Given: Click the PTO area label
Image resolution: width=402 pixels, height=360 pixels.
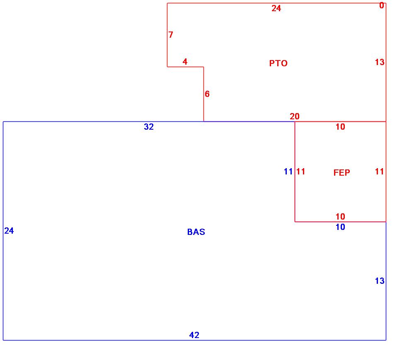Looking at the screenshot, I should [x=278, y=63].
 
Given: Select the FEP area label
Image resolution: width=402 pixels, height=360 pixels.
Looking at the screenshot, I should [x=341, y=173].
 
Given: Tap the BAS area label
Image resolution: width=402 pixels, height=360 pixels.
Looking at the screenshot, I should [x=196, y=232].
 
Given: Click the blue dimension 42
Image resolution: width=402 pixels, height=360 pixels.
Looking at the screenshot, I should [x=194, y=335].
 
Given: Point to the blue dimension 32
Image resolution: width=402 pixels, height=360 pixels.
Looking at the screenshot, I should [x=149, y=127].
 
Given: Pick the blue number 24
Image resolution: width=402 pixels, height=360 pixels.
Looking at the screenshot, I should [x=9, y=231].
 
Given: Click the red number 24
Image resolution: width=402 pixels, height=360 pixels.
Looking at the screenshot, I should [x=276, y=8].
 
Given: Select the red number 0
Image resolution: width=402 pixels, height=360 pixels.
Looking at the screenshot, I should [x=382, y=6].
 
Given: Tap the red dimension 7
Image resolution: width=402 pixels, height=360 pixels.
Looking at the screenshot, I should [x=171, y=35].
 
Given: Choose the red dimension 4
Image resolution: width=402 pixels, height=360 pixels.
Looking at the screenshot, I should [x=185, y=62].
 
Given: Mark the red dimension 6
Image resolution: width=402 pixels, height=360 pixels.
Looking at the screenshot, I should [x=207, y=94].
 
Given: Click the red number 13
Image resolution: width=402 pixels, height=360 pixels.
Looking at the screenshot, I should [x=380, y=62].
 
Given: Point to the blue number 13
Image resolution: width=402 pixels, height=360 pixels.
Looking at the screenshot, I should [x=380, y=281].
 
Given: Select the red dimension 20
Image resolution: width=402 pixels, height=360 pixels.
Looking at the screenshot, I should [x=295, y=116].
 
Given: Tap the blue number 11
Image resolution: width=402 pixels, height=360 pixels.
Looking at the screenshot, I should [x=288, y=172].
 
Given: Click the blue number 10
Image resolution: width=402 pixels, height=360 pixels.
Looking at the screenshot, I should [x=340, y=227].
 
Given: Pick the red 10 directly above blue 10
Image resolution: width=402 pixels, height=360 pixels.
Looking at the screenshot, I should [x=340, y=216].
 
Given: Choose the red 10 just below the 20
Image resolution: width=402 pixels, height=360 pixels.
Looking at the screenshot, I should [x=340, y=127].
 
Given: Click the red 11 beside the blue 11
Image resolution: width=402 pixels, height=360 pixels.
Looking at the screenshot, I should [x=301, y=172].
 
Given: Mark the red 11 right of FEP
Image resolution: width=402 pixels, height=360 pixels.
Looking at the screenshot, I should [x=380, y=172].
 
